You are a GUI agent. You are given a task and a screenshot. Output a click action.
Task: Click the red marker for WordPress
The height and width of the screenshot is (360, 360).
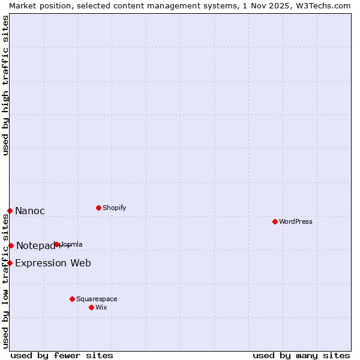[x=275, y=221]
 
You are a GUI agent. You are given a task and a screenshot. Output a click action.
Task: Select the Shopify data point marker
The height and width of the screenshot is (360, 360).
[x=98, y=208]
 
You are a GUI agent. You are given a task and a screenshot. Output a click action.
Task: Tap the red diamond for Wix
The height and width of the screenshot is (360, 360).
[x=91, y=307]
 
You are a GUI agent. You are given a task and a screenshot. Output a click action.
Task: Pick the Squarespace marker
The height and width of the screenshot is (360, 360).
[x=72, y=299]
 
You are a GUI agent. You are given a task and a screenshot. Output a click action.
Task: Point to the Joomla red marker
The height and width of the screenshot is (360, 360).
[x=57, y=244]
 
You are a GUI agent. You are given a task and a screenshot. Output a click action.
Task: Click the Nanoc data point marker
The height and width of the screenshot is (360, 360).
[x=10, y=211]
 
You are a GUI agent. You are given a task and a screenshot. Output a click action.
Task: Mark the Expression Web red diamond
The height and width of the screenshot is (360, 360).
[x=10, y=263]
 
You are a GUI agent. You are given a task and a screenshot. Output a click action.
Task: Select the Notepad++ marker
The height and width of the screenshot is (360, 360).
[x=11, y=245]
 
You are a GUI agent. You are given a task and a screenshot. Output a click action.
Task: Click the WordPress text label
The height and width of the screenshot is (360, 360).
[x=296, y=221]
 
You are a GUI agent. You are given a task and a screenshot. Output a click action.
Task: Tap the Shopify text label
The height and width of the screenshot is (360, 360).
[x=114, y=208]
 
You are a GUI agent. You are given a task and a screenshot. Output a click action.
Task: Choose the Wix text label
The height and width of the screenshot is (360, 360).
[x=101, y=307]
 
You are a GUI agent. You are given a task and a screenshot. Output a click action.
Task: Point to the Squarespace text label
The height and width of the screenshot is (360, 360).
[x=97, y=299]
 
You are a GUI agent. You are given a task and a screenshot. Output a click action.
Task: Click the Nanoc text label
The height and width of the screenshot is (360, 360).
[x=30, y=211]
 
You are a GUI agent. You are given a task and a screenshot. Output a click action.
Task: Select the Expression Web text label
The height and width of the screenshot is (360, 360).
[x=53, y=263]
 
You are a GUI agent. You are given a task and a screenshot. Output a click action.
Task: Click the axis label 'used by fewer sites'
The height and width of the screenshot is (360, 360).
[x=62, y=355]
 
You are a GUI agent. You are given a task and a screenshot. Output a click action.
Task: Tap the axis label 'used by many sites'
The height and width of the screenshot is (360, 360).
[x=301, y=355]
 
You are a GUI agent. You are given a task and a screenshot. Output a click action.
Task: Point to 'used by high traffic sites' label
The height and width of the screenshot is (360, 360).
[x=5, y=85]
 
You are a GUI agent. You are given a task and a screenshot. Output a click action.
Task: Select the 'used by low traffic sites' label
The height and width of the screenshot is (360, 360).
[x=5, y=280]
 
